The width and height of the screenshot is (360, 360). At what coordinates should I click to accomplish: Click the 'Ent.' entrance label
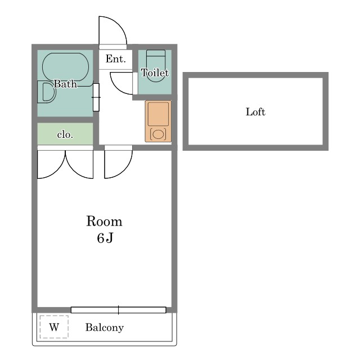point(115,59)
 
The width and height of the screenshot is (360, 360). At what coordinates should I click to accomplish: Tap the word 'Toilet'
point(155,73)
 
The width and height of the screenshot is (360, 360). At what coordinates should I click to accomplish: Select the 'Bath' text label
point(65,84)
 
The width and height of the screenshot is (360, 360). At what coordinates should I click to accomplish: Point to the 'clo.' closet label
point(65,135)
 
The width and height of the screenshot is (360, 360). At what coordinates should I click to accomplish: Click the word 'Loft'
point(255,112)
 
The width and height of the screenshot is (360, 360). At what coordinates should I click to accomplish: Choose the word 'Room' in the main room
point(104,221)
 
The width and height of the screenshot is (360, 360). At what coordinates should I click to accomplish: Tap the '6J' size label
point(105,238)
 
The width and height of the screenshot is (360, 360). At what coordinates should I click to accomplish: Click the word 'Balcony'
point(105,327)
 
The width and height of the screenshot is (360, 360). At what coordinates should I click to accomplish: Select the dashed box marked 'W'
point(54,327)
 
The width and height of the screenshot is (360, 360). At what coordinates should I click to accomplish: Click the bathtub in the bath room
point(65,67)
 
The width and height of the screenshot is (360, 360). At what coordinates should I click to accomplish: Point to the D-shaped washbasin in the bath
point(47,92)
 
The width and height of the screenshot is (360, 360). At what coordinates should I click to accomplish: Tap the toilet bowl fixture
point(156,66)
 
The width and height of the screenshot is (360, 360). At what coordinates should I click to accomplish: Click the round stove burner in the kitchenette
point(158,134)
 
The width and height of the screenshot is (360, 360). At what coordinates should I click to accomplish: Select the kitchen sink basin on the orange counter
point(158,114)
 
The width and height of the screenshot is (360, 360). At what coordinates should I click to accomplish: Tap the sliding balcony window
point(119,310)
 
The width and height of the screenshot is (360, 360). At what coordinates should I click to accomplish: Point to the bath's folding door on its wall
point(96,97)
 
